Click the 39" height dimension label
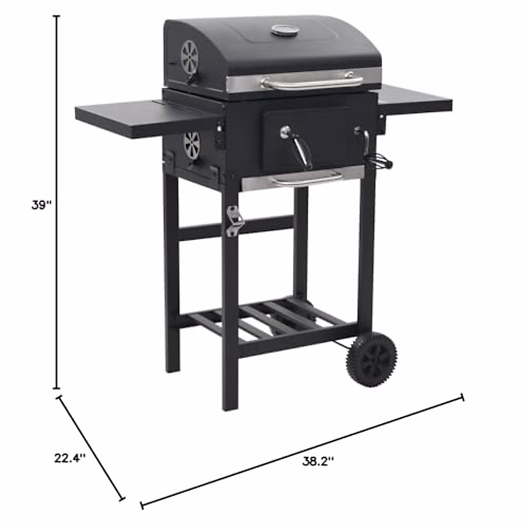coord(42,205)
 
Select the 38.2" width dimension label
coord(318,461)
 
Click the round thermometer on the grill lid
coord(283,30)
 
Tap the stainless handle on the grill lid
coord(312,82)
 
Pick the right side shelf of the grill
coord(417,100)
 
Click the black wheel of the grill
coord(371,359)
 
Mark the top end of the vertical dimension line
coord(57,16)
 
